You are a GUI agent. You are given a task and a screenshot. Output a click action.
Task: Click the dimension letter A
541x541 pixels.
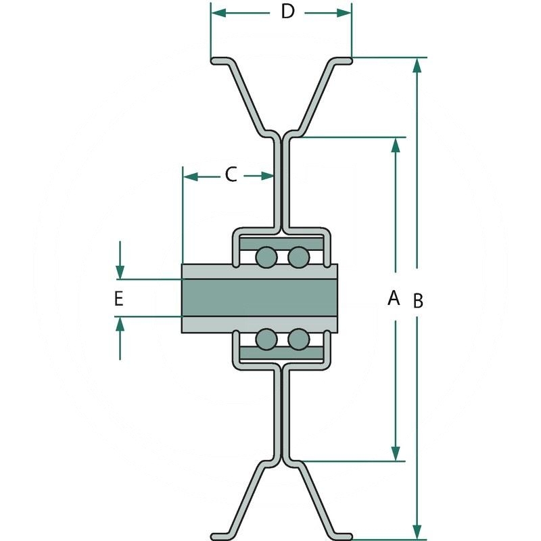pyautogui.click(x=394, y=297)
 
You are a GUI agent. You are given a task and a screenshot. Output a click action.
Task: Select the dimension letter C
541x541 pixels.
pyautogui.click(x=231, y=175)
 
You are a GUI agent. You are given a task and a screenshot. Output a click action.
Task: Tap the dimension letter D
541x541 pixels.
pyautogui.click(x=288, y=12)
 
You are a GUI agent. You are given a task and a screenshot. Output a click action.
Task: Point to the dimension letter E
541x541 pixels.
pyautogui.click(x=118, y=299)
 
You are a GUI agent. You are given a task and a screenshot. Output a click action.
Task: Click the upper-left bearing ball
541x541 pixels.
pyautogui.click(x=266, y=257)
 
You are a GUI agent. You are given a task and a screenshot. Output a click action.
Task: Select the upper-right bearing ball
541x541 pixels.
pyautogui.click(x=298, y=257)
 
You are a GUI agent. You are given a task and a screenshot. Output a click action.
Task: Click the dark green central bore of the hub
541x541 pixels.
pyautogui.click(x=260, y=298)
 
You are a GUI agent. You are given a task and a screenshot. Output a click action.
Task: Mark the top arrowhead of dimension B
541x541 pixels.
pyautogui.click(x=418, y=65)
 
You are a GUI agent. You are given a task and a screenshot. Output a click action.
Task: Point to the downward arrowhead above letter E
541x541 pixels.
pyautogui.click(x=120, y=272)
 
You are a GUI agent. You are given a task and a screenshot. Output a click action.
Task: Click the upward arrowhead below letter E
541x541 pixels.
pyautogui.click(x=120, y=324)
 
